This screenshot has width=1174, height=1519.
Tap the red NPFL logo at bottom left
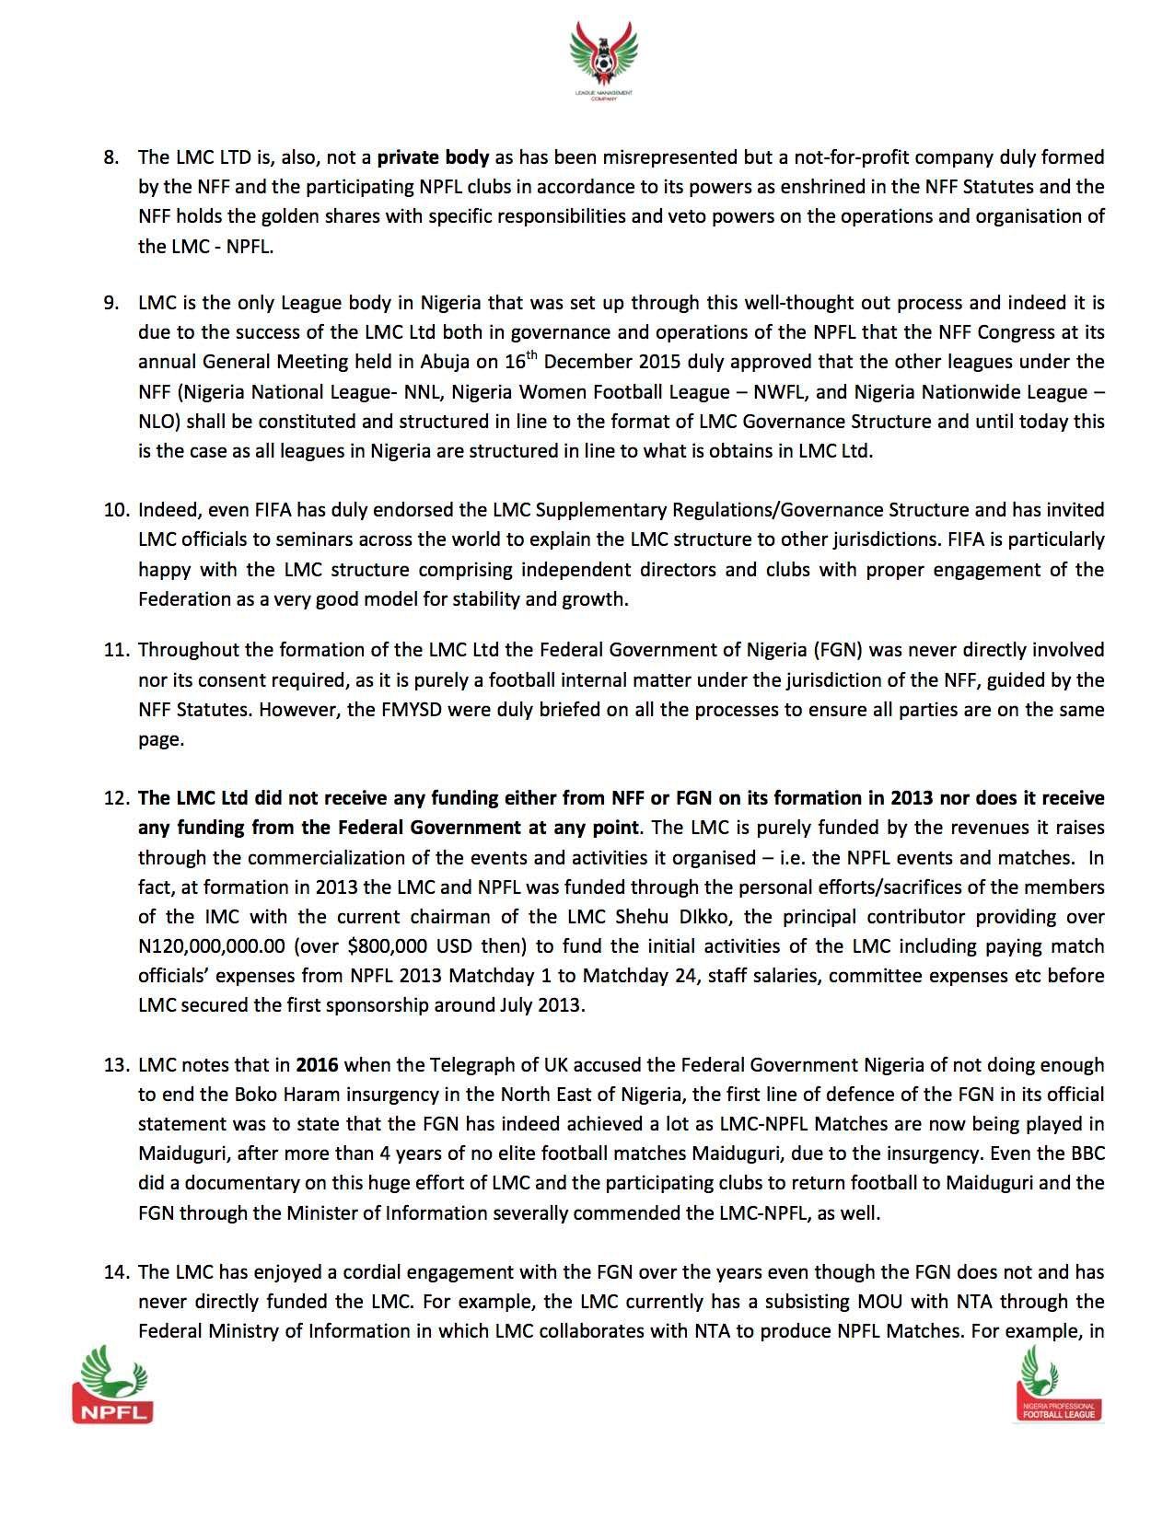[112, 1385]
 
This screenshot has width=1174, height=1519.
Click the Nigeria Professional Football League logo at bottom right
[1059, 1384]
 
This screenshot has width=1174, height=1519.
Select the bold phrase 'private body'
[433, 157]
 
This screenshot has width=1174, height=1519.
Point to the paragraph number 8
[111, 157]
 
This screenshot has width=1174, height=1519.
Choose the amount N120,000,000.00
[212, 946]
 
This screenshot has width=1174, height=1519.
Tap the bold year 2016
[317, 1065]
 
